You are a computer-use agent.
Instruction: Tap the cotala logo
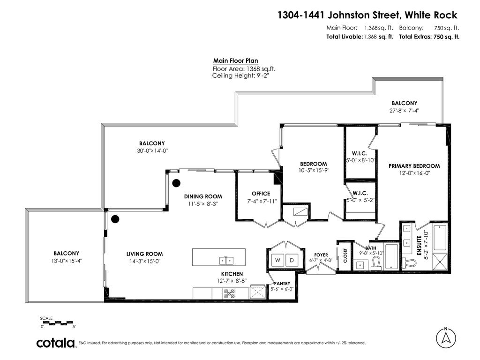(56, 343)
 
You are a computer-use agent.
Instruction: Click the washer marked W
(277, 260)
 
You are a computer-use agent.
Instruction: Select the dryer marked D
(291, 260)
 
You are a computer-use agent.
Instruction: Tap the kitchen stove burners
(230, 293)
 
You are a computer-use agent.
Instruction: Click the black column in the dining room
(176, 183)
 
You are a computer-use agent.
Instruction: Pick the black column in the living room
(115, 218)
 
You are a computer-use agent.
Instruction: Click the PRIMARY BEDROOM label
(414, 166)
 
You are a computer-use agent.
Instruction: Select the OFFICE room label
(261, 194)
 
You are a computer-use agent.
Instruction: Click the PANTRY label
(282, 283)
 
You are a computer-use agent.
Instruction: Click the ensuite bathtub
(440, 238)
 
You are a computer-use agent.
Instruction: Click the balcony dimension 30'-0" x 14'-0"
(151, 151)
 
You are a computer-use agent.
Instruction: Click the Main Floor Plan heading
(235, 60)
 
